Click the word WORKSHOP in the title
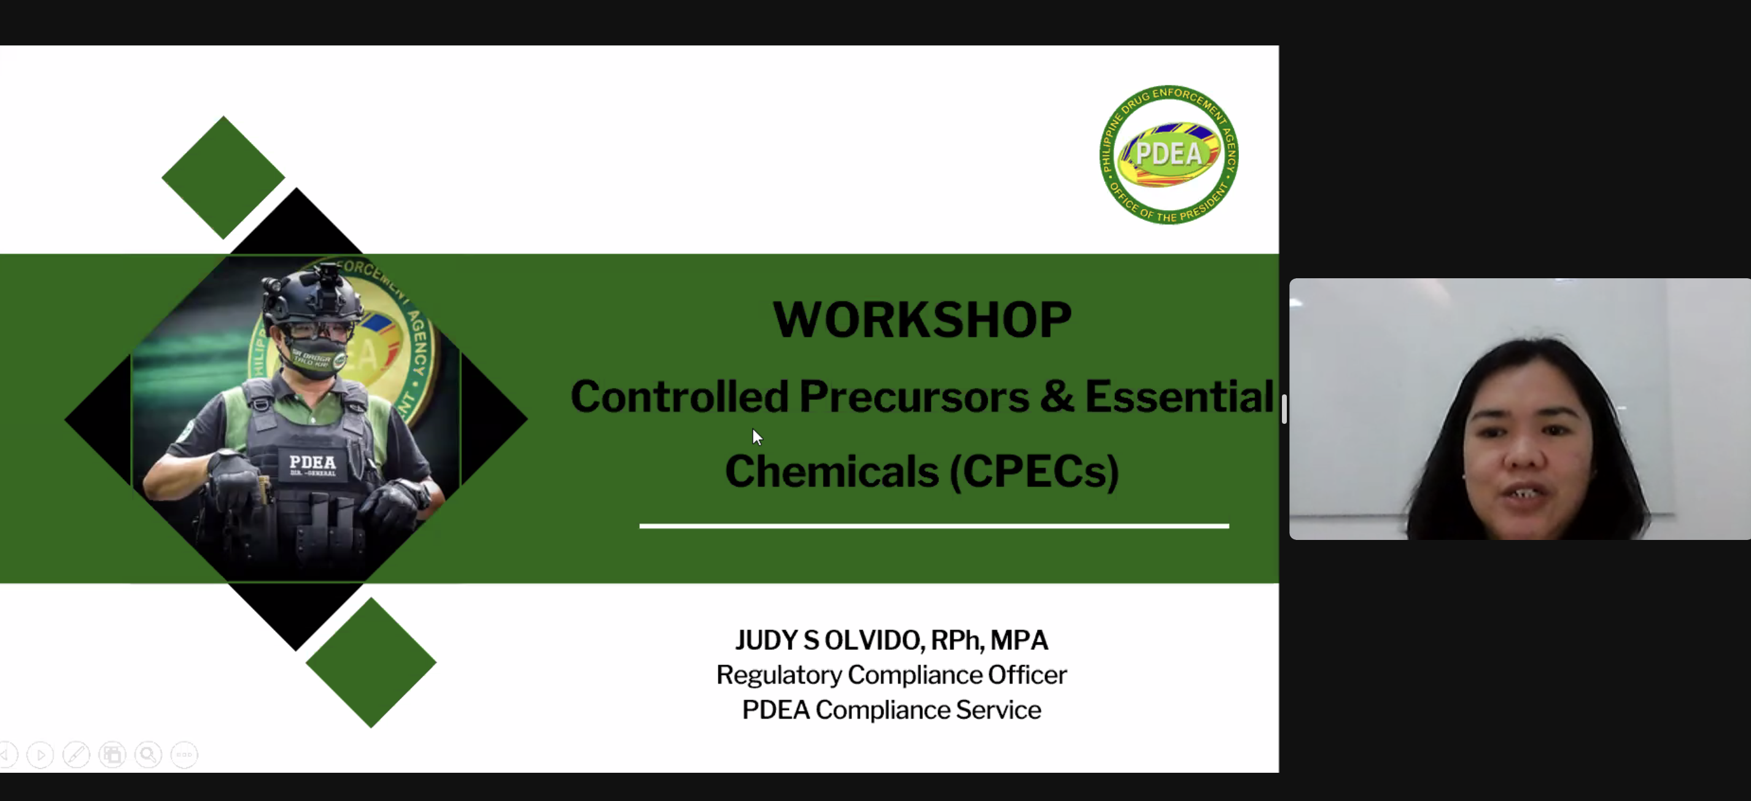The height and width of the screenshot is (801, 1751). (922, 319)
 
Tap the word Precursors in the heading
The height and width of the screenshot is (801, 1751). (914, 396)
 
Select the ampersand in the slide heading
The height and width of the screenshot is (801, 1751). (1056, 396)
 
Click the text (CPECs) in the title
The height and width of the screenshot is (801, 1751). (1034, 471)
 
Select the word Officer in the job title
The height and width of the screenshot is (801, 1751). (1027, 675)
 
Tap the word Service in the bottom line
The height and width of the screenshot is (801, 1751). (998, 710)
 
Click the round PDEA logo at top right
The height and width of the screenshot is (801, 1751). (1168, 154)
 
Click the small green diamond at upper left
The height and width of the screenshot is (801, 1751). (223, 178)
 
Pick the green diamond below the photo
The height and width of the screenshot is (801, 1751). (370, 663)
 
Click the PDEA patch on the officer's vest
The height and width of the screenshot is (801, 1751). (313, 464)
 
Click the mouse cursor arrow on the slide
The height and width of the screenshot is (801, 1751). (756, 437)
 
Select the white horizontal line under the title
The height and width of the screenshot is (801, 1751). (934, 526)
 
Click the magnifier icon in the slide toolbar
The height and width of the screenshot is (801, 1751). (148, 755)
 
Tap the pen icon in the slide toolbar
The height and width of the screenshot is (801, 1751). (76, 755)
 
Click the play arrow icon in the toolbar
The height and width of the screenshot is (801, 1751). (40, 755)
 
